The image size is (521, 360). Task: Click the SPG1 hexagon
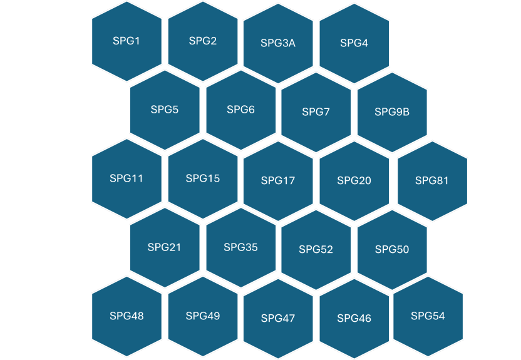click(126, 41)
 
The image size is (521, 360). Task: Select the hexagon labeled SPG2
click(203, 41)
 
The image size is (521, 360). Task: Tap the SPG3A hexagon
click(278, 43)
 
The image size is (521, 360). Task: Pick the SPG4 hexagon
click(354, 43)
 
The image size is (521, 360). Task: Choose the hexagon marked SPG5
click(165, 110)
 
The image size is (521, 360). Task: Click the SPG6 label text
click(241, 110)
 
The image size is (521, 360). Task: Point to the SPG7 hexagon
click(316, 112)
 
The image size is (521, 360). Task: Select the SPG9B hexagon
click(392, 112)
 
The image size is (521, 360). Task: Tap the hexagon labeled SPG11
click(126, 178)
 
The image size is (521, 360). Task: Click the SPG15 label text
click(203, 178)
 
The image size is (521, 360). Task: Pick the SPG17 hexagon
click(278, 181)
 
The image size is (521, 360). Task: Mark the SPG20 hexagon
click(354, 181)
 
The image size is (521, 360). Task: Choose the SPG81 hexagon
click(432, 181)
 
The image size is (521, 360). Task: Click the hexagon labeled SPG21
click(165, 247)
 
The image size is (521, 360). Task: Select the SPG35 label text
click(241, 247)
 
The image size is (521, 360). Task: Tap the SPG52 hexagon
click(316, 250)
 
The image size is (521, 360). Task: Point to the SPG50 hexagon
click(392, 250)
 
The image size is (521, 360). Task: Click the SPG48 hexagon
click(126, 316)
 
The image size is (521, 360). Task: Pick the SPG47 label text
click(278, 319)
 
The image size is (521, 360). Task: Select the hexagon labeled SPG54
click(428, 316)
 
